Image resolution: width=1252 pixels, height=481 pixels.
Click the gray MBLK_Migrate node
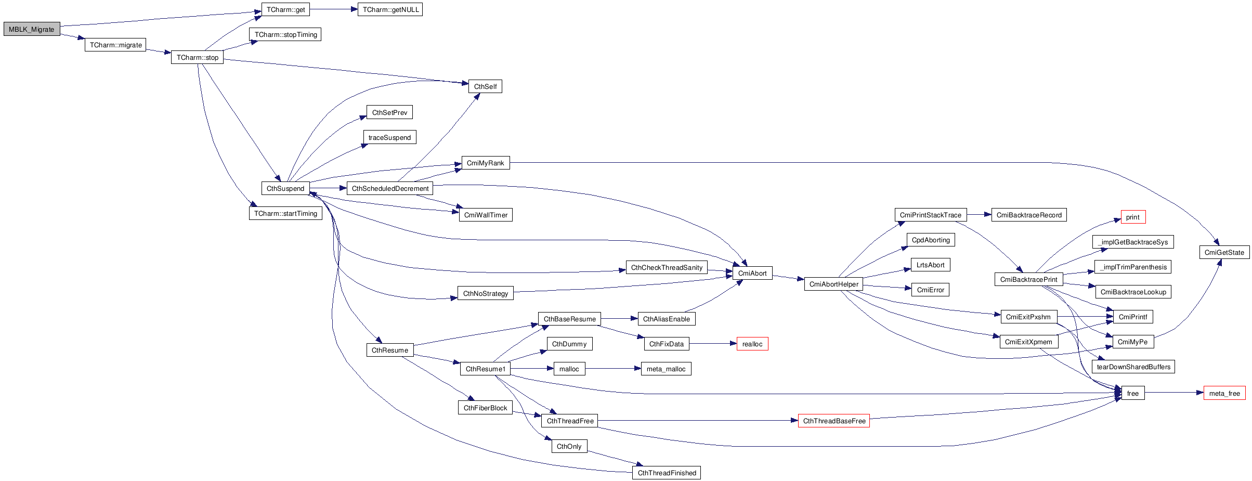[x=32, y=29]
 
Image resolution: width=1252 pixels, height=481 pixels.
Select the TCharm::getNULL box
[x=390, y=9]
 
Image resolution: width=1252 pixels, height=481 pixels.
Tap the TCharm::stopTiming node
[x=285, y=34]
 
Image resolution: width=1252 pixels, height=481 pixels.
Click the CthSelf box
[x=485, y=86]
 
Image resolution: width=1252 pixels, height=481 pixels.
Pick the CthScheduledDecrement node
[x=390, y=188]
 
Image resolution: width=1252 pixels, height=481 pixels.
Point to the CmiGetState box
[x=1224, y=252]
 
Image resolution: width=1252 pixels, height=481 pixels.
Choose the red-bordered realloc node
[x=752, y=344]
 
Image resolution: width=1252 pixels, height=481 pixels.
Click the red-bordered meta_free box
[x=1224, y=393]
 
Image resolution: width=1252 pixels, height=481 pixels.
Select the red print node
[x=1132, y=217]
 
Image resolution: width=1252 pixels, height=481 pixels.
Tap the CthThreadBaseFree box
[x=833, y=421]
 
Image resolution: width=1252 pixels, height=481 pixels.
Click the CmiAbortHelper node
[x=833, y=284]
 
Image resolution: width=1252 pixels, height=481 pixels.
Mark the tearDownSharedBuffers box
[x=1133, y=367]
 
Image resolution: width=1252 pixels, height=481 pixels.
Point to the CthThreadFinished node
[x=667, y=473]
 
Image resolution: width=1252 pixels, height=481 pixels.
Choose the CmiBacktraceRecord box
[x=1028, y=215]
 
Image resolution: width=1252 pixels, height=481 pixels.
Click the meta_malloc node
[x=666, y=369]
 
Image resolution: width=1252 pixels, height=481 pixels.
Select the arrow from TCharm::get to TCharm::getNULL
[x=333, y=9]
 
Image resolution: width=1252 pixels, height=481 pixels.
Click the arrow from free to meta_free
[x=1173, y=393]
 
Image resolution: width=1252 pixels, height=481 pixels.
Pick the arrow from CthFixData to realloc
[x=713, y=344]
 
